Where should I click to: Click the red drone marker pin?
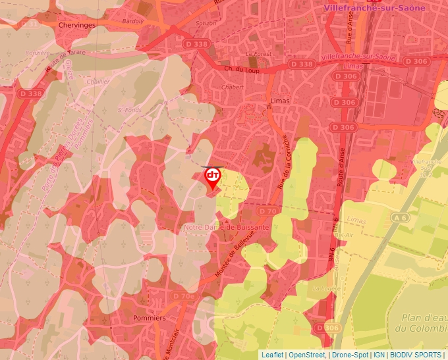click(x=212, y=177)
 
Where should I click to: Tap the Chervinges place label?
click(x=76, y=25)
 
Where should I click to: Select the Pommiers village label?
click(x=149, y=318)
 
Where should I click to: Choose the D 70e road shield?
click(x=184, y=296)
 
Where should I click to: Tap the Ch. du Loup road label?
click(x=238, y=68)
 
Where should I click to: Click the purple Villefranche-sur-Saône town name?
click(x=375, y=8)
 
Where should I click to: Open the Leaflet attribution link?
click(x=273, y=355)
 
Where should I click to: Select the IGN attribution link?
click(x=379, y=355)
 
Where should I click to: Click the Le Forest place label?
click(x=258, y=53)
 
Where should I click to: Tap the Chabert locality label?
click(x=233, y=87)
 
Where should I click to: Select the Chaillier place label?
click(x=98, y=82)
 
